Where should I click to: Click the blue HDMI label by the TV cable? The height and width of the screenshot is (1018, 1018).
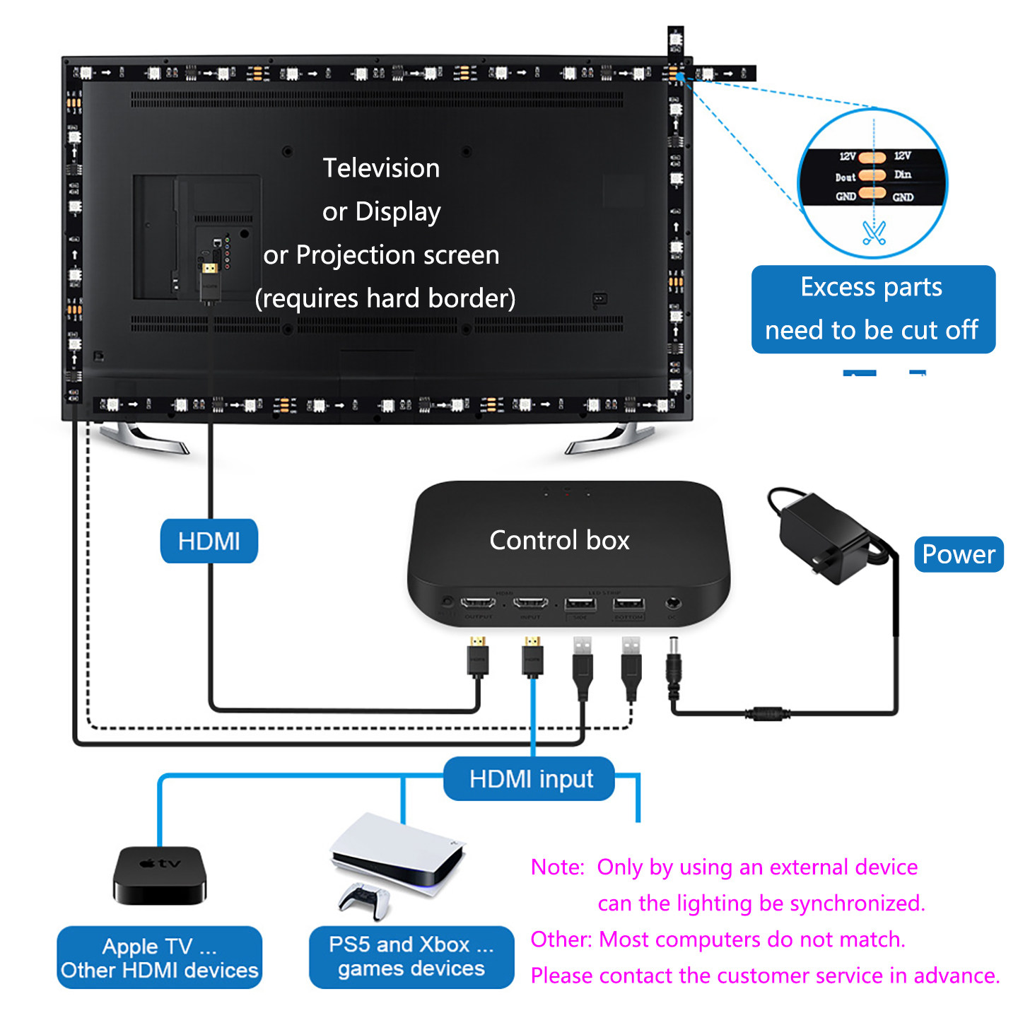tap(209, 542)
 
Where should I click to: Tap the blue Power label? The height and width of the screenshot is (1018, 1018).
tap(959, 554)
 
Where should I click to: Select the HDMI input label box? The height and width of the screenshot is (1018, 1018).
tap(530, 779)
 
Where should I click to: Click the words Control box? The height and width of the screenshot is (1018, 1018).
tap(559, 541)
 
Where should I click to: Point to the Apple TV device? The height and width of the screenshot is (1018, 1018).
tap(160, 876)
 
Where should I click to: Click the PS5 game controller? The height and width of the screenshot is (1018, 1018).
tap(365, 900)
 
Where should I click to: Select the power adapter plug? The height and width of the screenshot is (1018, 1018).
tap(824, 537)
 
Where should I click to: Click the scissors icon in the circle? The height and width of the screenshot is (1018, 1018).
tap(874, 232)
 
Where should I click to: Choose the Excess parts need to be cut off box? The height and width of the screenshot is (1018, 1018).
tap(873, 309)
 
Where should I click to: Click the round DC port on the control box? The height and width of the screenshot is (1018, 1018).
tap(673, 604)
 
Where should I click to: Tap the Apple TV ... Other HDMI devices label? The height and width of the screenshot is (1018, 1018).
tap(160, 958)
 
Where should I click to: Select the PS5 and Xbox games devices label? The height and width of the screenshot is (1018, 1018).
tap(411, 956)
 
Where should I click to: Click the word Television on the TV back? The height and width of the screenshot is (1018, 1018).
tap(381, 168)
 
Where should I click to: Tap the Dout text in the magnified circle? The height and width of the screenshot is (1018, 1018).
tap(846, 177)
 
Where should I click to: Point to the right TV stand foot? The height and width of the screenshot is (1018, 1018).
tap(608, 438)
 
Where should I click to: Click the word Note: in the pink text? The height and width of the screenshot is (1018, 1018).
tap(558, 867)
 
